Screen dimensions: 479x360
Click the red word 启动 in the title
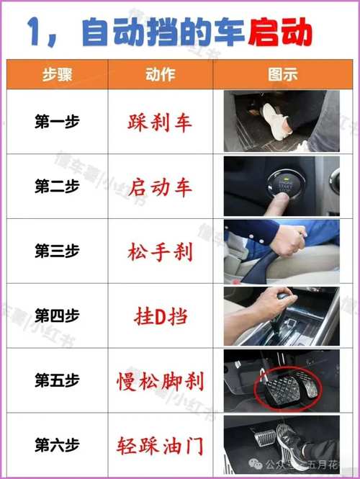coord(280,32)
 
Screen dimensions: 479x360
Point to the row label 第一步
coord(57,122)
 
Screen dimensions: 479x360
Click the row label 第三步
coord(57,252)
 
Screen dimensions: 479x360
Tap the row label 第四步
coord(57,315)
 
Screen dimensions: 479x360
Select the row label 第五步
coord(57,380)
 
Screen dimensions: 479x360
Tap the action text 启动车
coord(161,188)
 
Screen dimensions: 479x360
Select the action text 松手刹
coord(161,253)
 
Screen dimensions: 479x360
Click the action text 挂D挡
coord(161,316)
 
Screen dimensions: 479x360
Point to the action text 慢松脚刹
coord(161,380)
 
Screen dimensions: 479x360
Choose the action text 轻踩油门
coord(161,444)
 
